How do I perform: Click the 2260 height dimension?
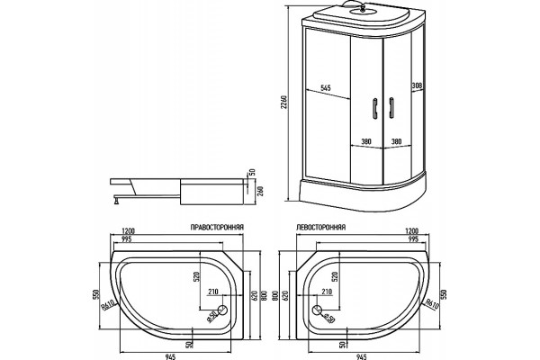coord(283,103)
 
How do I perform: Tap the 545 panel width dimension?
coord(326,88)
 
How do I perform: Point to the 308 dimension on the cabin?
coord(417,85)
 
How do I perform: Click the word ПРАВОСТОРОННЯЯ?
coord(217,228)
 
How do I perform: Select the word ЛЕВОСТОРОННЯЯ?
coord(321,228)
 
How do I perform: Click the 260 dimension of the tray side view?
coord(261,191)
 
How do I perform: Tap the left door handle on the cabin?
coord(375,109)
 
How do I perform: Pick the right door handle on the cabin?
coord(391,109)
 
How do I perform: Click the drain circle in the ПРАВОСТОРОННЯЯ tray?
coord(223,310)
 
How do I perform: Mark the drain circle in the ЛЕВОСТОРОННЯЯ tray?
coord(317,310)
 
